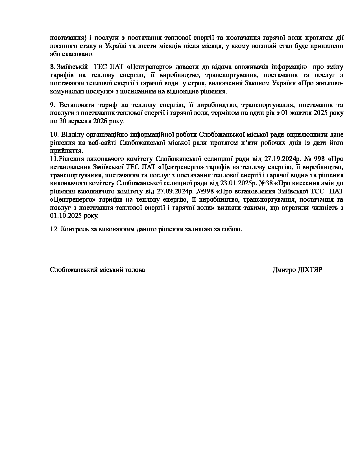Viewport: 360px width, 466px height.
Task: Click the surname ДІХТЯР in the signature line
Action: tap(310, 270)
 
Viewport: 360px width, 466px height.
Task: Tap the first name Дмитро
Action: tap(284, 270)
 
